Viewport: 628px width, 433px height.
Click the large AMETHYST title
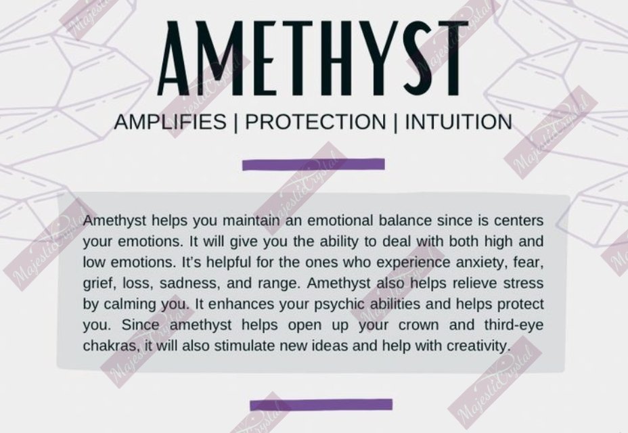(313, 58)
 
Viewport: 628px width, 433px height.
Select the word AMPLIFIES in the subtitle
(171, 122)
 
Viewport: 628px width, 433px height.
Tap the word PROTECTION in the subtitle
(315, 122)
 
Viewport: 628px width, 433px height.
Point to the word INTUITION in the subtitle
(459, 122)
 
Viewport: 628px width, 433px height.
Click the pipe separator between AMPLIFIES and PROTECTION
(236, 122)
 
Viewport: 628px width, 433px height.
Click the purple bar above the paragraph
(313, 164)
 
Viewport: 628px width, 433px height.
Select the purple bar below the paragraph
(321, 405)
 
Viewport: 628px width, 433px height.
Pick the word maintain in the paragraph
(250, 221)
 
